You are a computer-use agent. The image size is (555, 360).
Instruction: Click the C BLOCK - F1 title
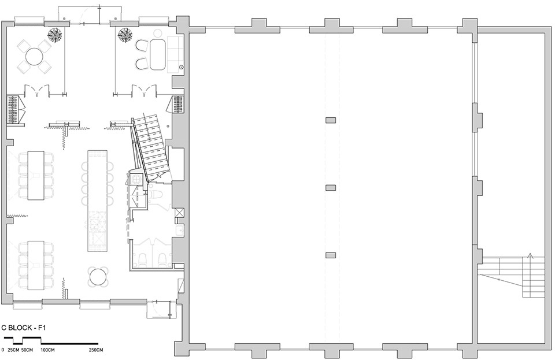point(24,328)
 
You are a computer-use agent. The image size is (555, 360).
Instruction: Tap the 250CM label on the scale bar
point(95,350)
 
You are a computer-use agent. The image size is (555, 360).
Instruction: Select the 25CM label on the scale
point(13,350)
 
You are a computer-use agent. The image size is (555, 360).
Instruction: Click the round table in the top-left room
point(34,57)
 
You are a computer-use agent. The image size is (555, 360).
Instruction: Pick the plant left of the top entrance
point(55,34)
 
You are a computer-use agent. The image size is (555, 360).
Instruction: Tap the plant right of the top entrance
point(125,34)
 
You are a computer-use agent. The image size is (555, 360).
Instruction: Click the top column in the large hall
point(331,120)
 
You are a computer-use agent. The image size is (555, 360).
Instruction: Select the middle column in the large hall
point(331,187)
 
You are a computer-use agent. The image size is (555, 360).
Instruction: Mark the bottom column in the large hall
point(331,255)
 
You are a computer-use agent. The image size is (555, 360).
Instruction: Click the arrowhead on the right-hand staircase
point(530,255)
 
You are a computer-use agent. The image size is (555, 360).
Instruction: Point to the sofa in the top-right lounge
point(175,54)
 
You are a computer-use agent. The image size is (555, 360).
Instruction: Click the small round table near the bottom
point(98,276)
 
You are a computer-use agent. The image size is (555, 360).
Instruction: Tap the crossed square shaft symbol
point(179,213)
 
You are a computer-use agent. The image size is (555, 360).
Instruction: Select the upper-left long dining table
point(36,175)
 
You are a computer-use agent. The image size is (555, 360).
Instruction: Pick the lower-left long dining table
point(36,265)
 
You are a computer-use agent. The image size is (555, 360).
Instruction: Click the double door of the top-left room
point(37,91)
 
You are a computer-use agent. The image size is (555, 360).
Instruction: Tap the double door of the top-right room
point(144,91)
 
